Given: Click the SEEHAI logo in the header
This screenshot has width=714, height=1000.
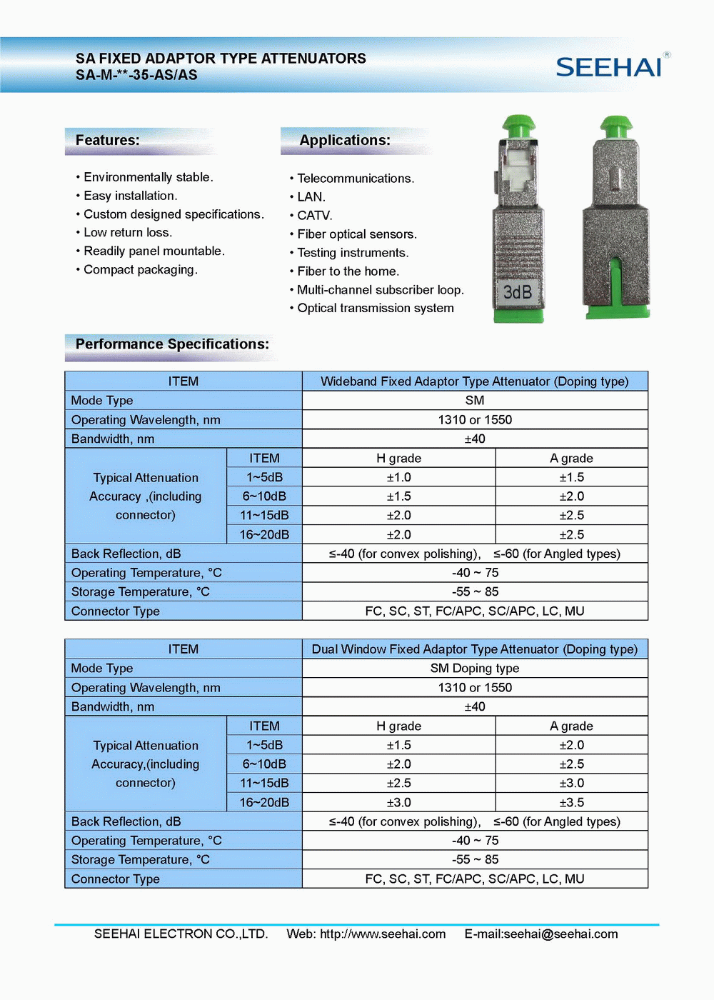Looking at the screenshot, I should [609, 67].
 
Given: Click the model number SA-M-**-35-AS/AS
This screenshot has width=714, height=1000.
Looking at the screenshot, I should [136, 75].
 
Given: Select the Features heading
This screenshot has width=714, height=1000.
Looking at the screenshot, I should [108, 140].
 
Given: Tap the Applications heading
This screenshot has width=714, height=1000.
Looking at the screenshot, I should [345, 140].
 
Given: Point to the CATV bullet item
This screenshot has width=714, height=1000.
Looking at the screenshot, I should [314, 216].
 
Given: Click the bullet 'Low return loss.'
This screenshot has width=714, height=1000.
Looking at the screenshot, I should [128, 233].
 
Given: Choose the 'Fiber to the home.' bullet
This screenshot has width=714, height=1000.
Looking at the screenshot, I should [348, 271].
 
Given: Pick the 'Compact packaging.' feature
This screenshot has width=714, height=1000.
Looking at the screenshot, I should [140, 270].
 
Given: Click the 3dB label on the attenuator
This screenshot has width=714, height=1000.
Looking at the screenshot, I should [518, 292].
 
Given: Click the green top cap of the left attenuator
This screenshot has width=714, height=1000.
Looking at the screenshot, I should [519, 126].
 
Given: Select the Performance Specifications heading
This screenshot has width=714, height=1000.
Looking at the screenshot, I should [172, 344].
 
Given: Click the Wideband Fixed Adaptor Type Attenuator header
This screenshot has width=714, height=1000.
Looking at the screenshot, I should [475, 381].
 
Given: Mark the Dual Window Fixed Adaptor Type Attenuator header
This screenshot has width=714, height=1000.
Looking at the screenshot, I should [475, 649].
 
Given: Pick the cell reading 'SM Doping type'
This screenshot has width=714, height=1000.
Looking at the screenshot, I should [475, 669].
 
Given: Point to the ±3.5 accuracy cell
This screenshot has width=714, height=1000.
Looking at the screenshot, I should [571, 803].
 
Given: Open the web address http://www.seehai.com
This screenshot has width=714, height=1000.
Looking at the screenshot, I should [383, 934].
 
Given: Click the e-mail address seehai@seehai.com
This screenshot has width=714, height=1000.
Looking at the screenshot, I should [560, 934].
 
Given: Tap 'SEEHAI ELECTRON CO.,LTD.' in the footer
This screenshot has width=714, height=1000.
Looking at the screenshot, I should [181, 934].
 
